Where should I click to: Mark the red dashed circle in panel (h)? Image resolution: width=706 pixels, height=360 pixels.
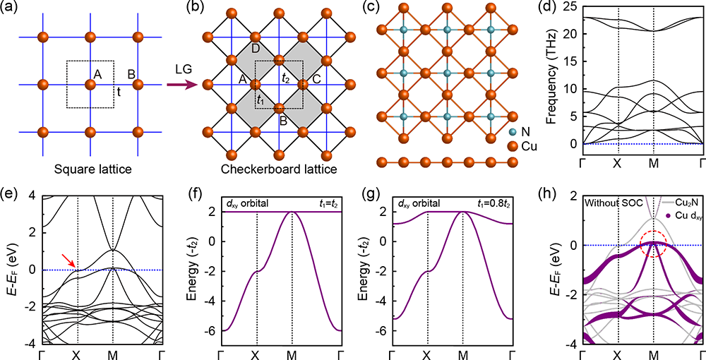[x=654, y=244]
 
